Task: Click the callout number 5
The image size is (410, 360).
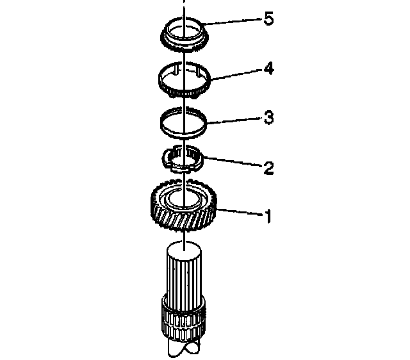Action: click(268, 19)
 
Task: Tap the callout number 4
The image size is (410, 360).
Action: click(268, 69)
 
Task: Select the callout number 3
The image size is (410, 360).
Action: click(269, 117)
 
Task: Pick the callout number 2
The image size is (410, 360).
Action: click(269, 168)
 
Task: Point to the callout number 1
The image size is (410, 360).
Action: click(268, 217)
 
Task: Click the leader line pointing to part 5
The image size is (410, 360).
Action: click(232, 21)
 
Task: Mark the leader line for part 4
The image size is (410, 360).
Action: click(236, 74)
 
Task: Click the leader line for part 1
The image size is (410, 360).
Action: click(239, 212)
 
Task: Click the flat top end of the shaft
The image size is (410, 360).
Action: click(184, 248)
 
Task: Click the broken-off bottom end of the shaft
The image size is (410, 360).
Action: click(184, 349)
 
